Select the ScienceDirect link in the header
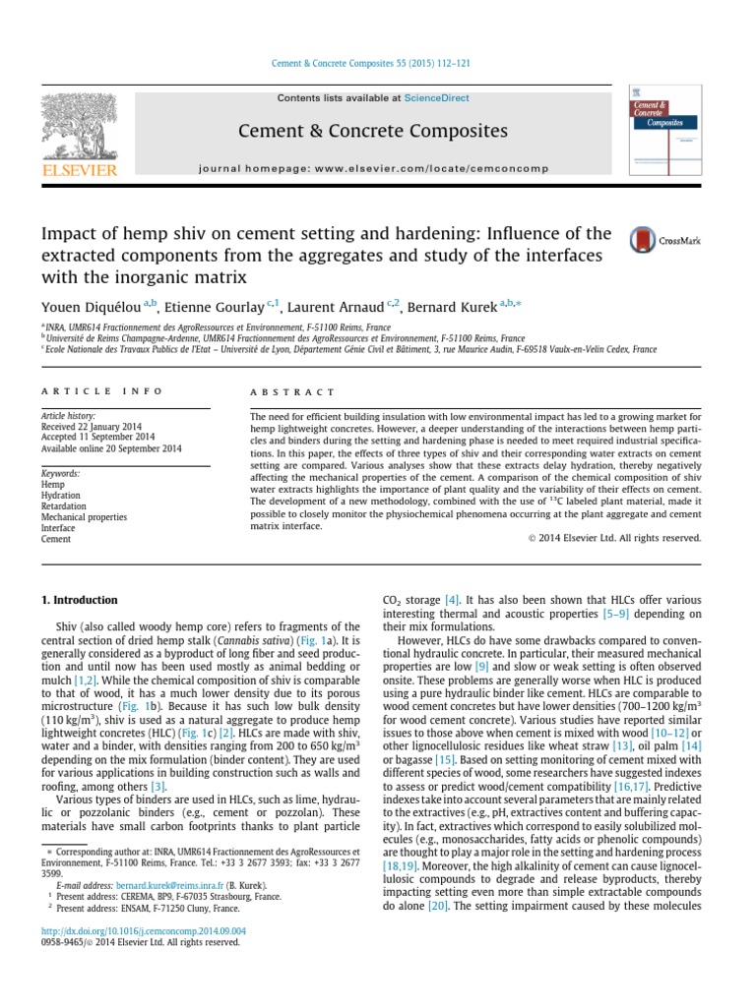click(x=431, y=98)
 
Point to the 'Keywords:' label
click(x=61, y=473)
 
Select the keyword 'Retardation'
click(x=64, y=506)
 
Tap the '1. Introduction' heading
click(x=79, y=600)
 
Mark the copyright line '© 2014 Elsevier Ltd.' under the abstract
click(x=609, y=538)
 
